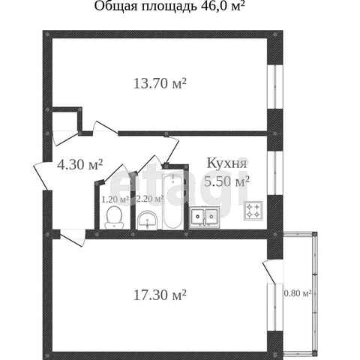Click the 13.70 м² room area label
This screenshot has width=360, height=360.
tap(160, 83)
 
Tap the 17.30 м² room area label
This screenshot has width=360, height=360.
tap(160, 295)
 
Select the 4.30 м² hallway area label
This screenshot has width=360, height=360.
tap(80, 165)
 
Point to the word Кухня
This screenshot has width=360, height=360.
tap(226, 163)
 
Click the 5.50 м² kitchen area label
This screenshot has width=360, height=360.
tap(227, 181)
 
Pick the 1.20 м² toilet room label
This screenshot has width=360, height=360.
tap(115, 199)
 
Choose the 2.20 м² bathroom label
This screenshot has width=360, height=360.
tap(151, 199)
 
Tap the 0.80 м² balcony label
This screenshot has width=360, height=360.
tap(298, 293)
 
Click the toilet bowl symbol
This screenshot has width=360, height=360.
tap(114, 217)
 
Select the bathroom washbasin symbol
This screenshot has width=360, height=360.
tap(148, 220)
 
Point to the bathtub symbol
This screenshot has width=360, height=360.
tap(172, 201)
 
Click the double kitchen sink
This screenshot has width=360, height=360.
tap(205, 217)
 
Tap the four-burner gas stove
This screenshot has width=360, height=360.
tap(253, 211)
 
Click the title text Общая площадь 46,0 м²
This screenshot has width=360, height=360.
tap(169, 7)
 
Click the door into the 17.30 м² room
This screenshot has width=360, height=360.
tap(73, 238)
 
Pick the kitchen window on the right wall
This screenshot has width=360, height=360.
tap(275, 173)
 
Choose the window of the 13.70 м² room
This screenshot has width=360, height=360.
tap(275, 87)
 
